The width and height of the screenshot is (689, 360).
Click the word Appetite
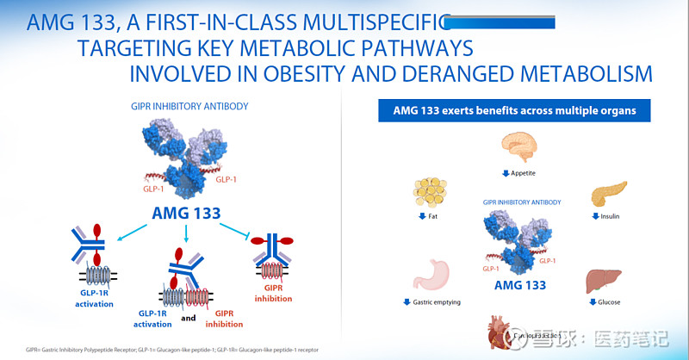click(x=523, y=172)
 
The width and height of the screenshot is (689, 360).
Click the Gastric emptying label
click(x=436, y=302)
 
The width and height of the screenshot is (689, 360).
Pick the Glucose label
click(x=609, y=302)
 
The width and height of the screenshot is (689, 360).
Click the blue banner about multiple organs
click(x=514, y=111)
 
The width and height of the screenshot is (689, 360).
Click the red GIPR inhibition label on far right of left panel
click(x=272, y=293)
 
